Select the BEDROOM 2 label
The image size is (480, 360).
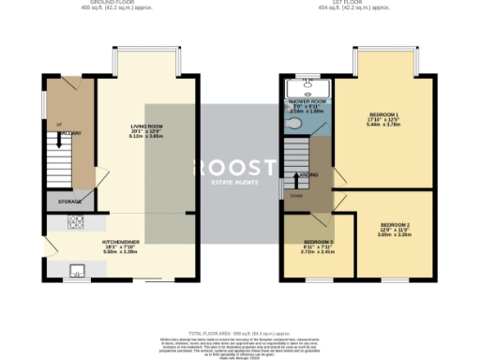pos(396,225)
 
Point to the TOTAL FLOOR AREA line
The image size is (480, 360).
pos(239,333)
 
